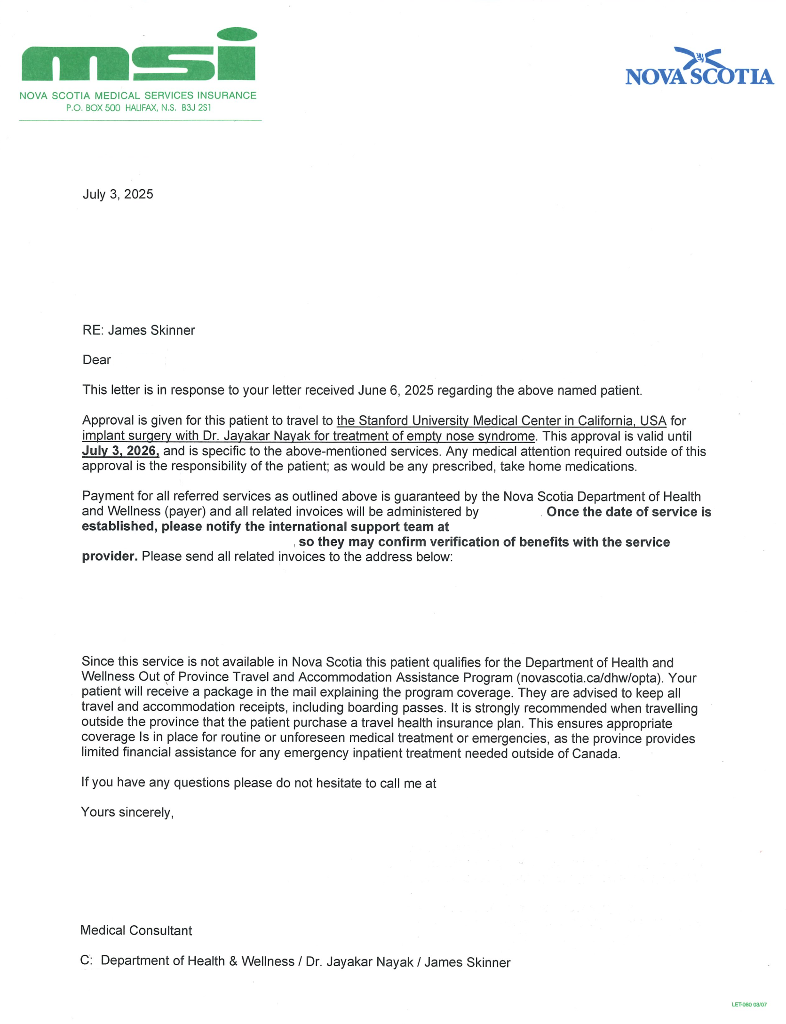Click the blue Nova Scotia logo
tap(699, 68)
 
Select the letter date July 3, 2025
tap(118, 194)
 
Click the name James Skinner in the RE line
tap(151, 330)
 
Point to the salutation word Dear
tap(97, 360)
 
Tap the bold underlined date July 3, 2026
tap(121, 451)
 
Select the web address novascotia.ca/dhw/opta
tap(588, 678)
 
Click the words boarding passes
tap(397, 708)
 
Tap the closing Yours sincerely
tap(127, 812)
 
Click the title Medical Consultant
tap(136, 930)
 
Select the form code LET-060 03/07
tap(749, 1004)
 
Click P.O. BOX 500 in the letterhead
tap(93, 108)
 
